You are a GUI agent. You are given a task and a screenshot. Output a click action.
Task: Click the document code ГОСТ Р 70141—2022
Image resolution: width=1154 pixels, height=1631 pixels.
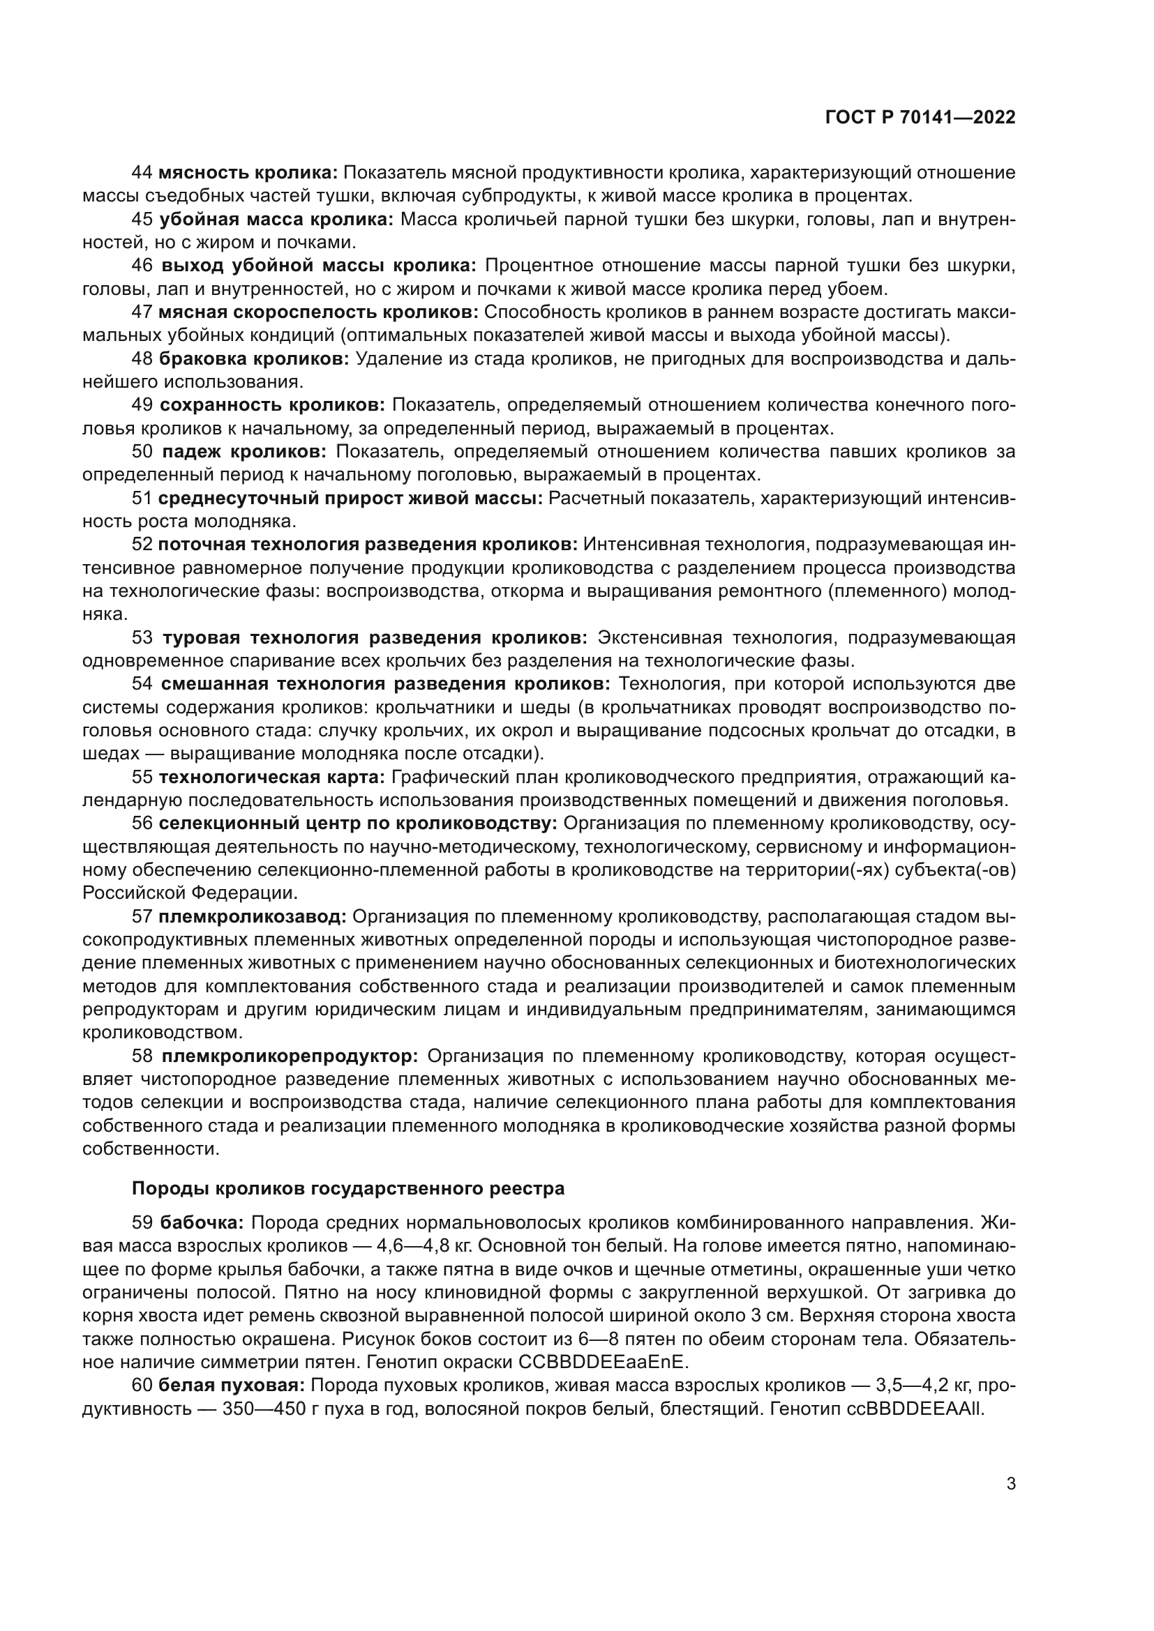920,118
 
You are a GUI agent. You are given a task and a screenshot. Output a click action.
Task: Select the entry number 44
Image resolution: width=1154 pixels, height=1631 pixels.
142,173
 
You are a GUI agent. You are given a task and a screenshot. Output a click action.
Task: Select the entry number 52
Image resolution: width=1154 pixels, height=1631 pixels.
142,545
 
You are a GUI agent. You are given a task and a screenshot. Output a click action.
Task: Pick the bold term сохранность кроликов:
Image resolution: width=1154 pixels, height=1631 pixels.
271,406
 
